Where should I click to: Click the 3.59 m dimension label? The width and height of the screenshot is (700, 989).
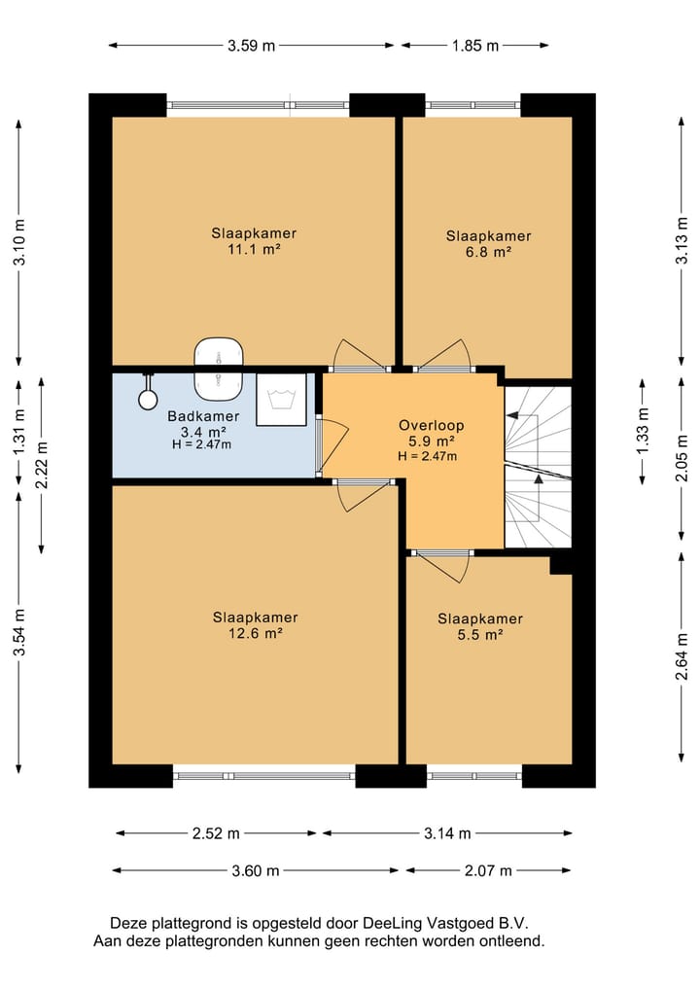click(x=252, y=46)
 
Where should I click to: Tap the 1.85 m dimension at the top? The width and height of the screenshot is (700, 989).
click(x=474, y=46)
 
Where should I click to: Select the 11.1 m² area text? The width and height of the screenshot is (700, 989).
click(x=254, y=249)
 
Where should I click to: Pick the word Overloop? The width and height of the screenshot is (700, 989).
click(x=432, y=425)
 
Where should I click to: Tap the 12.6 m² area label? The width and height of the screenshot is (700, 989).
click(x=255, y=633)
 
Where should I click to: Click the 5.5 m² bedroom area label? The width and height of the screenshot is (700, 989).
click(x=480, y=634)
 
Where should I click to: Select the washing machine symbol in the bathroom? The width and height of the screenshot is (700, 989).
click(x=281, y=400)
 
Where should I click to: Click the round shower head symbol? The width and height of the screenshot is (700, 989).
click(x=148, y=400)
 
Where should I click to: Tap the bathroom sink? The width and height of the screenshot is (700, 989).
click(x=218, y=369)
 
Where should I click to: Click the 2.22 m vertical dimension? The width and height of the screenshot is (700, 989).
click(x=42, y=466)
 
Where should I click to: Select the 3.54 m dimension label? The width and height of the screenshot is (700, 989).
click(x=20, y=632)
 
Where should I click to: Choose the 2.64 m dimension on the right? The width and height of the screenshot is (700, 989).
click(x=682, y=656)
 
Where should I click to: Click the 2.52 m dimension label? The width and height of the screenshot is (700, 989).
click(x=216, y=833)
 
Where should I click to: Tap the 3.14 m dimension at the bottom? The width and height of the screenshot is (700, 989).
click(x=447, y=833)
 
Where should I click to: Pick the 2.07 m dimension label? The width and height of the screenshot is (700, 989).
click(x=488, y=871)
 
